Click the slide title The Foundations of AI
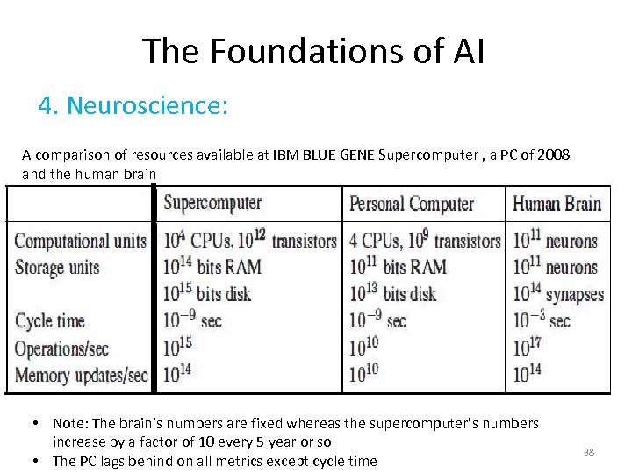312,51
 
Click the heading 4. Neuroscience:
133,106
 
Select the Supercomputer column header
212,203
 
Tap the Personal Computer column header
412,205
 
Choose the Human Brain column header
557,205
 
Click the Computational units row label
80,241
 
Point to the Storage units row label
57,267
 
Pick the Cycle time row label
50,320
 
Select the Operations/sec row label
61,348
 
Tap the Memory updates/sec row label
81,375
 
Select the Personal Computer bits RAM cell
398,267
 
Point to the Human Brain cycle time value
542,320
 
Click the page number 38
589,452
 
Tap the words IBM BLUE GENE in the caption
324,155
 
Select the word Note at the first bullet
67,423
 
